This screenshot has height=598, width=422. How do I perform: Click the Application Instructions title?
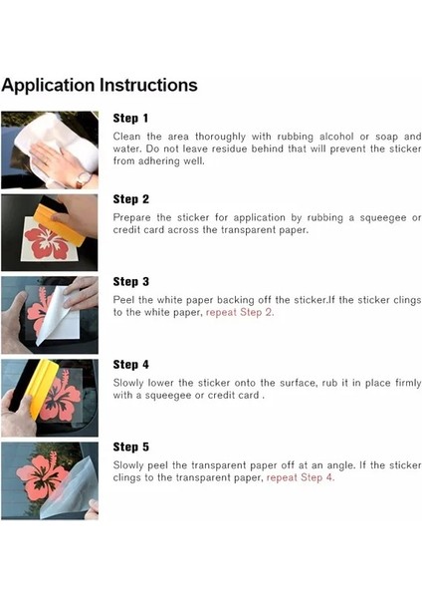pos(100,86)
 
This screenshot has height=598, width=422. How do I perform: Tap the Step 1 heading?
pos(130,119)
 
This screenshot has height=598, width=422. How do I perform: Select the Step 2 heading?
pos(130,199)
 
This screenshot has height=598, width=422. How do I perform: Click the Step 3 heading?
pos(130,282)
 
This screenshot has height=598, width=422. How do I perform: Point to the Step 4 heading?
pos(130,365)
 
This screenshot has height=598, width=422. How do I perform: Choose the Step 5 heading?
pos(130,447)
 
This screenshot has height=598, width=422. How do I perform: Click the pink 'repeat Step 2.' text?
pos(240,313)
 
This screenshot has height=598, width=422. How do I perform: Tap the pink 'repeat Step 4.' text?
pos(301,477)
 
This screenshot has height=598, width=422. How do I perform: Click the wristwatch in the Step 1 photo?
pos(84,178)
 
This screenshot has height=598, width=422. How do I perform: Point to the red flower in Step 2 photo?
pos(47,241)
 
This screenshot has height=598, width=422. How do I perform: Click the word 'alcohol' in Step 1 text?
pos(336,137)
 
